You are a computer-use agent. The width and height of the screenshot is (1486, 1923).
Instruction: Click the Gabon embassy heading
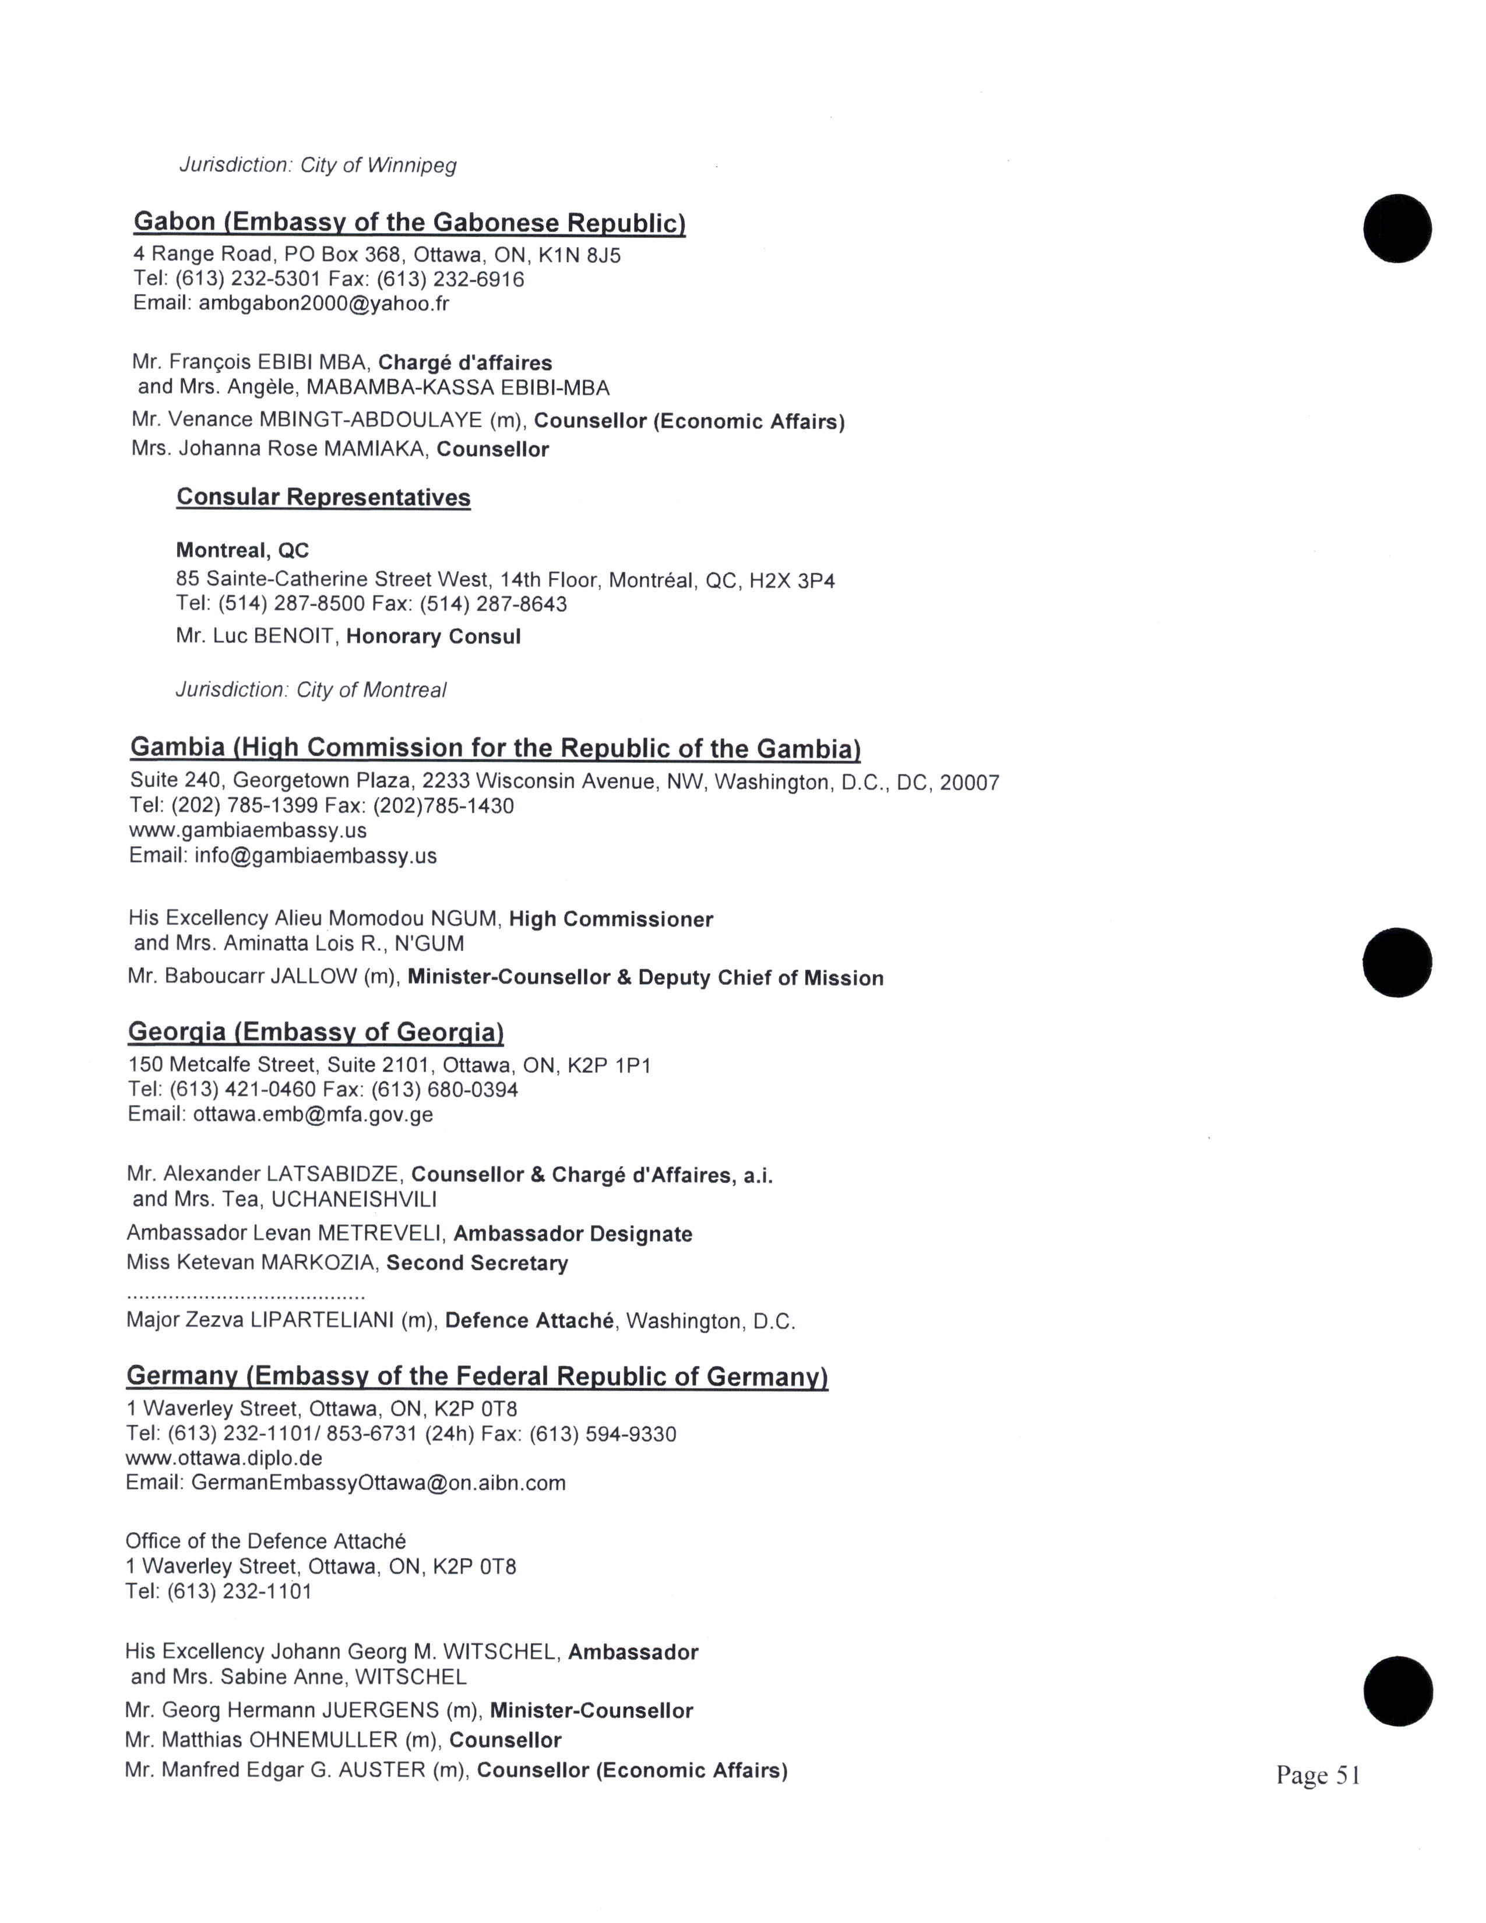[x=409, y=222]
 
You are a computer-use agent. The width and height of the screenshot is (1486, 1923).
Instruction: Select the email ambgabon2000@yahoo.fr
[x=324, y=304]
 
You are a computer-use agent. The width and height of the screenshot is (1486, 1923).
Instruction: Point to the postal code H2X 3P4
[x=791, y=581]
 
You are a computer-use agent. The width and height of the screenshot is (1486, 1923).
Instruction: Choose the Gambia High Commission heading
[x=495, y=748]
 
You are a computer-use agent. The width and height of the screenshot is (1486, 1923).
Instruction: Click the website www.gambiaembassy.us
[x=247, y=830]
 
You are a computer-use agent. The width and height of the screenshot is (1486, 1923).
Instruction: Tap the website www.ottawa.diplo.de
[x=224, y=1457]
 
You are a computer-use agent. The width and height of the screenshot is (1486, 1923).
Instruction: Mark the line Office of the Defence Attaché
[x=265, y=1541]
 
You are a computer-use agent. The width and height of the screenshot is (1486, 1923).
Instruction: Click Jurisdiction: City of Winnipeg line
[x=318, y=165]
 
